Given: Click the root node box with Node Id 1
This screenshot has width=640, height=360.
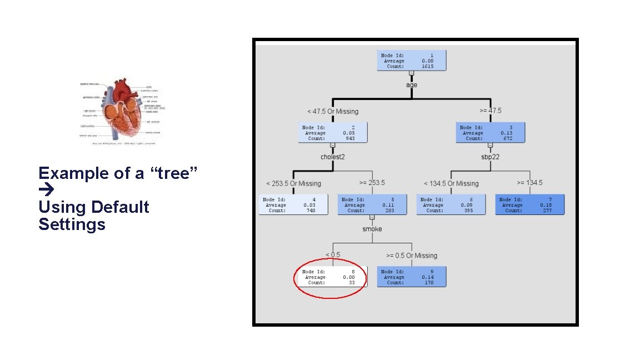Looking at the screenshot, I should click(412, 61).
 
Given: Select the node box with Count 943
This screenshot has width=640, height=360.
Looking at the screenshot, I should click(333, 133).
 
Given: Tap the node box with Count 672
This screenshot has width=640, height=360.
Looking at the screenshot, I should click(491, 133).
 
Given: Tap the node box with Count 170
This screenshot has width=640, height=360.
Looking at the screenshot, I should click(412, 277).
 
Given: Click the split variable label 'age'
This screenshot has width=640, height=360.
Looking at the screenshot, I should click(412, 85).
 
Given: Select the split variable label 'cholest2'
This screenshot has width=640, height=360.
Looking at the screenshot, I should click(333, 157).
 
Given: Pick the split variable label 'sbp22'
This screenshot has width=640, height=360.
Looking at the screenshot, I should click(491, 157).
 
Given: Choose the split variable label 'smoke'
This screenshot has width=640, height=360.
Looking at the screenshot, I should click(372, 229).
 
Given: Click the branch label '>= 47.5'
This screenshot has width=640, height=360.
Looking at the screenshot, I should click(491, 111).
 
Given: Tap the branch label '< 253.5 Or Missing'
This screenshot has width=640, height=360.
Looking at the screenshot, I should click(293, 183).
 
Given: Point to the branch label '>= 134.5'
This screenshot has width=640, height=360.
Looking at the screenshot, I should click(530, 183).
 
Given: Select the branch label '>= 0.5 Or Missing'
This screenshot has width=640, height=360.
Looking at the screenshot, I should click(412, 256).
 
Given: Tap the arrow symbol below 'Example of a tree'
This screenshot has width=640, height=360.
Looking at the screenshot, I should click(46, 191).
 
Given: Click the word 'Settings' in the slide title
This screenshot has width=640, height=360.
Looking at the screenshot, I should click(72, 224).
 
